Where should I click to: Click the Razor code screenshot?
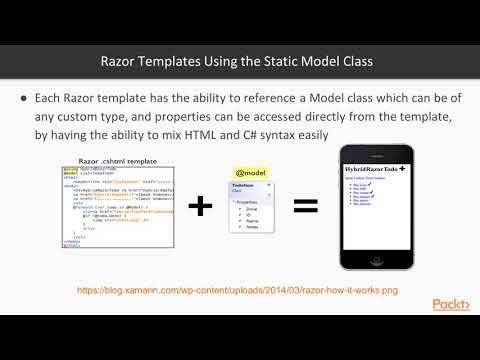[117, 206]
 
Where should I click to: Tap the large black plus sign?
[201, 206]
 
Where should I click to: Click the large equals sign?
[304, 206]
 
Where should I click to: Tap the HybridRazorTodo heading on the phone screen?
[371, 171]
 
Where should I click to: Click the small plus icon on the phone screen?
[403, 170]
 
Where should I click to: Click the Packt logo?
[452, 304]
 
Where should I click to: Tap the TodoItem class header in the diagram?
[244, 187]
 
